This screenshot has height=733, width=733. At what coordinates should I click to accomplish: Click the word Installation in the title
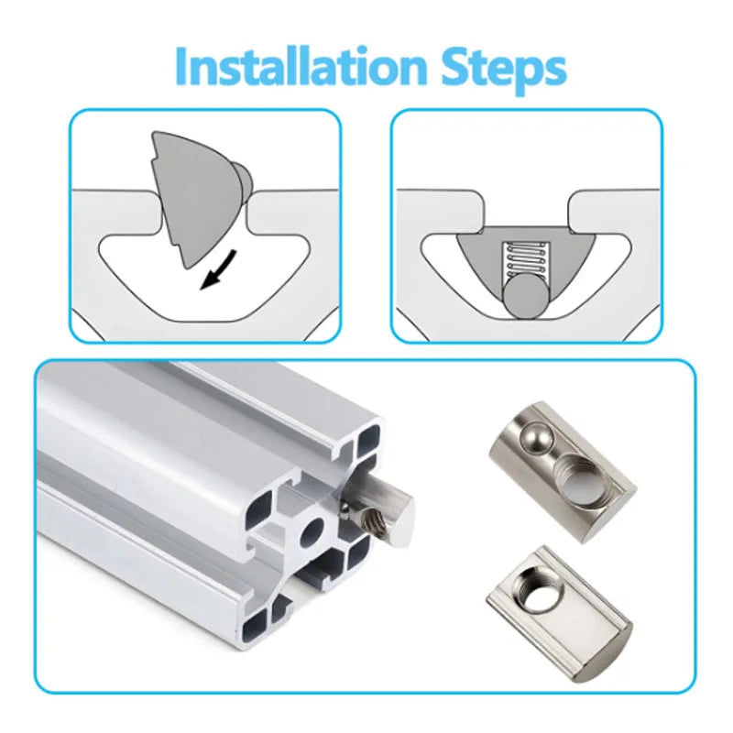[x=301, y=66]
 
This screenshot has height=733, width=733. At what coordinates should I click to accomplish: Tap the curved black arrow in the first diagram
[x=219, y=269]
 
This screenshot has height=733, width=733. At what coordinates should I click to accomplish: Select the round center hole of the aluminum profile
[x=312, y=531]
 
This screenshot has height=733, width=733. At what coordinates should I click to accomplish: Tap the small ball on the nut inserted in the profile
[x=346, y=509]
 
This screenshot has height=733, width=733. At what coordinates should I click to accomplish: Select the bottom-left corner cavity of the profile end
[x=256, y=626]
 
